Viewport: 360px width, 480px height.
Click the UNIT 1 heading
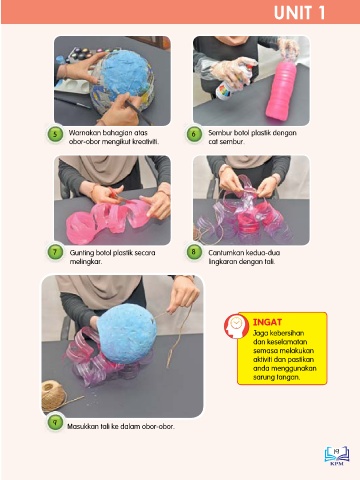[x=299, y=13]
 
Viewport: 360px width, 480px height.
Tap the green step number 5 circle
[x=55, y=135]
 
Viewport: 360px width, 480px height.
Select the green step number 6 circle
[x=194, y=135]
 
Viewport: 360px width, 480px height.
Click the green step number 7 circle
[x=55, y=252]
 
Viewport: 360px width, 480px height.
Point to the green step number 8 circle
[x=194, y=252]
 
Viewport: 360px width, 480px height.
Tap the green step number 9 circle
[x=55, y=423]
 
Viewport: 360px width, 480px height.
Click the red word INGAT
[x=267, y=322]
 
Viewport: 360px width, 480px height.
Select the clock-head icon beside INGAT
[x=236, y=326]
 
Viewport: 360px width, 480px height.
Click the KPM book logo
[x=337, y=455]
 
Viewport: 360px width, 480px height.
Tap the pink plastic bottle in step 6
[x=281, y=89]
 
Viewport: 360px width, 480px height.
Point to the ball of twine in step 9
[x=53, y=396]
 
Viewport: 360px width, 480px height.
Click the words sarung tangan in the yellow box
[x=276, y=377]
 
